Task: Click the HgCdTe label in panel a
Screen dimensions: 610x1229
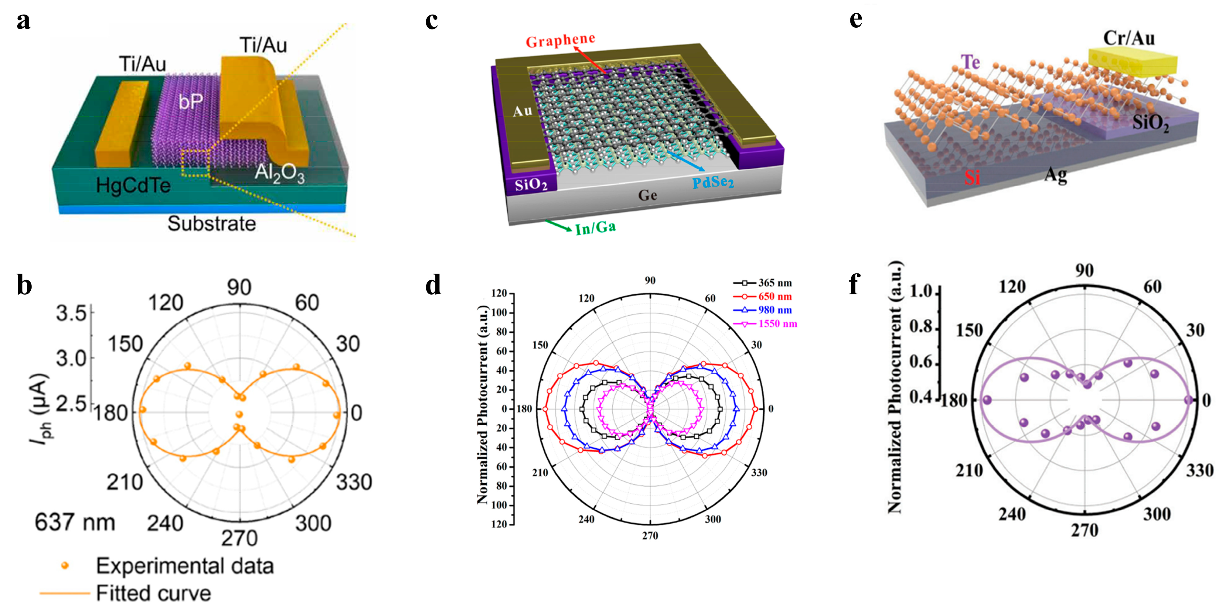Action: pos(133,185)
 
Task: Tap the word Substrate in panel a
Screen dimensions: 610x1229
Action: pos(211,223)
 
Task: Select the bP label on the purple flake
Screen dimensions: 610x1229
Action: pos(191,101)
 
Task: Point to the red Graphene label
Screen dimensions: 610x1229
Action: pos(560,40)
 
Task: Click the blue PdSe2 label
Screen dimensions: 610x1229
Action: pos(713,182)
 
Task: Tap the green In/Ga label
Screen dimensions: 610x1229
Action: pos(595,228)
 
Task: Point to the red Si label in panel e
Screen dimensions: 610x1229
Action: pos(972,177)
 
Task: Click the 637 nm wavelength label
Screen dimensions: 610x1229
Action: pos(75,522)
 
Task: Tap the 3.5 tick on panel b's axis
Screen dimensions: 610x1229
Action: pos(71,314)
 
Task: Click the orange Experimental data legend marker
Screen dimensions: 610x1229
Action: pos(65,566)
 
